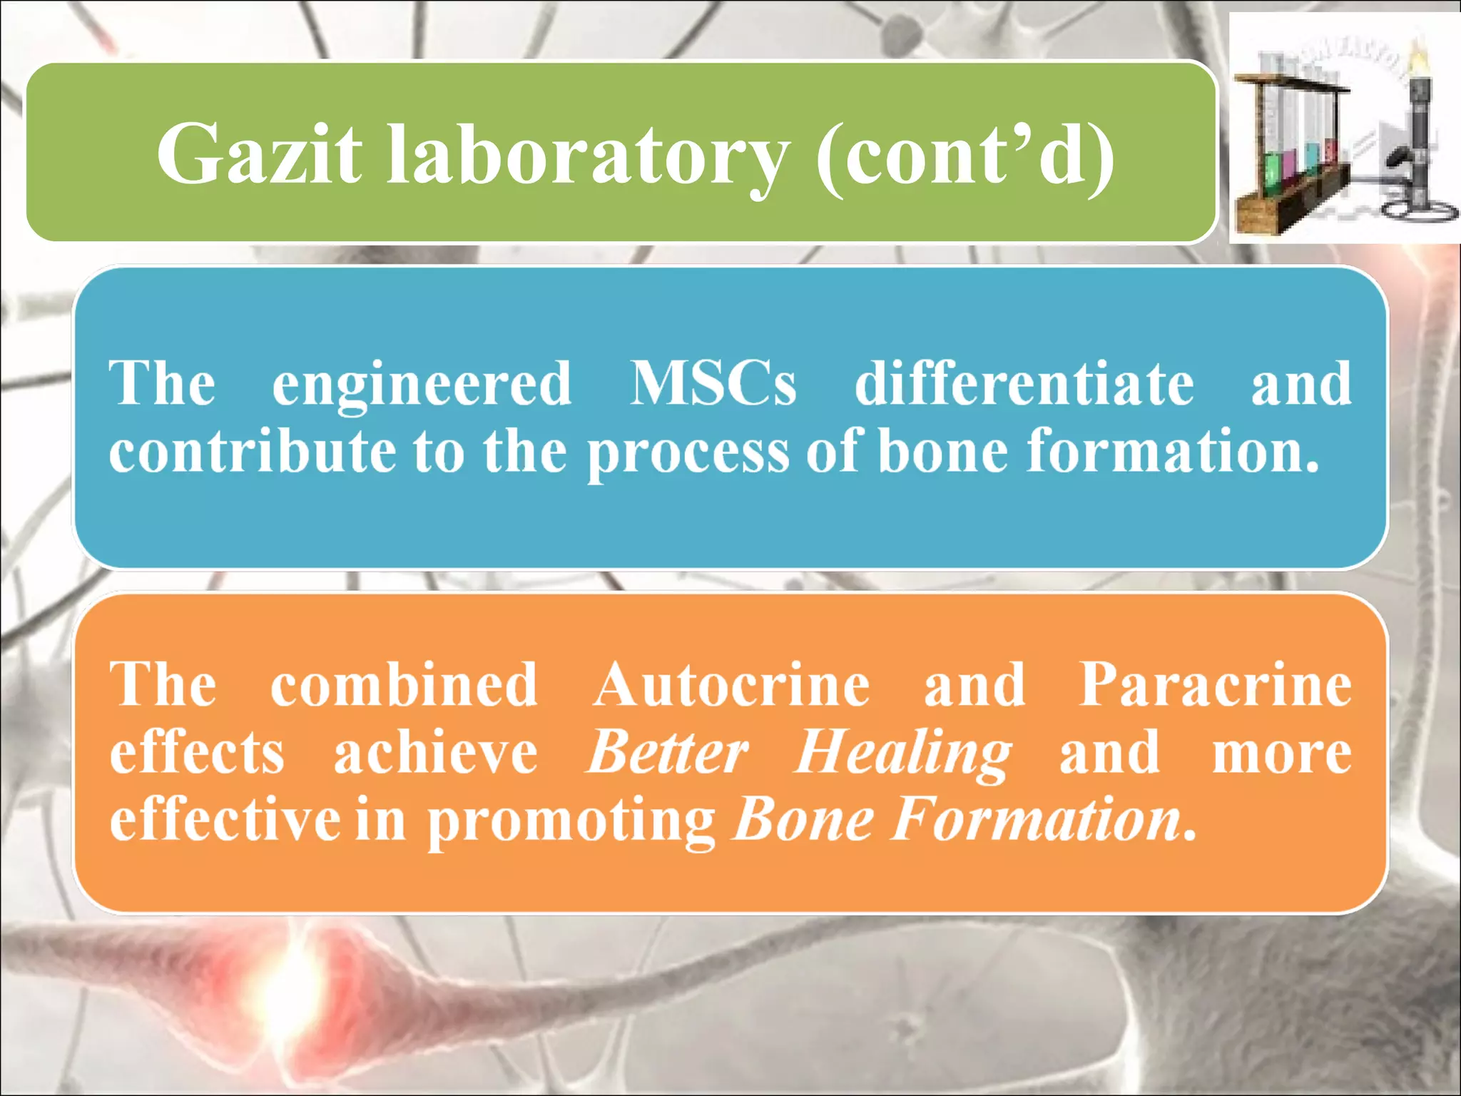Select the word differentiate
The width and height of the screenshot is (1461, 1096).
click(x=1024, y=384)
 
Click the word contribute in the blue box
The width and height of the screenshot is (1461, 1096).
click(x=253, y=452)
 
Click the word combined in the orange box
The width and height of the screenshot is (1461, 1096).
click(x=404, y=685)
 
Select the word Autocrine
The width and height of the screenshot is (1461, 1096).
click(x=730, y=685)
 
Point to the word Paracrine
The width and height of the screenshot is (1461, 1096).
click(x=1214, y=685)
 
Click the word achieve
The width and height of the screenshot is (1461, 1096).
click(x=435, y=753)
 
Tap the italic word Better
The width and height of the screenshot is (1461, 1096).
click(x=666, y=753)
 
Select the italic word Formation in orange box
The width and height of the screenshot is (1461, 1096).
click(x=1036, y=821)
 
